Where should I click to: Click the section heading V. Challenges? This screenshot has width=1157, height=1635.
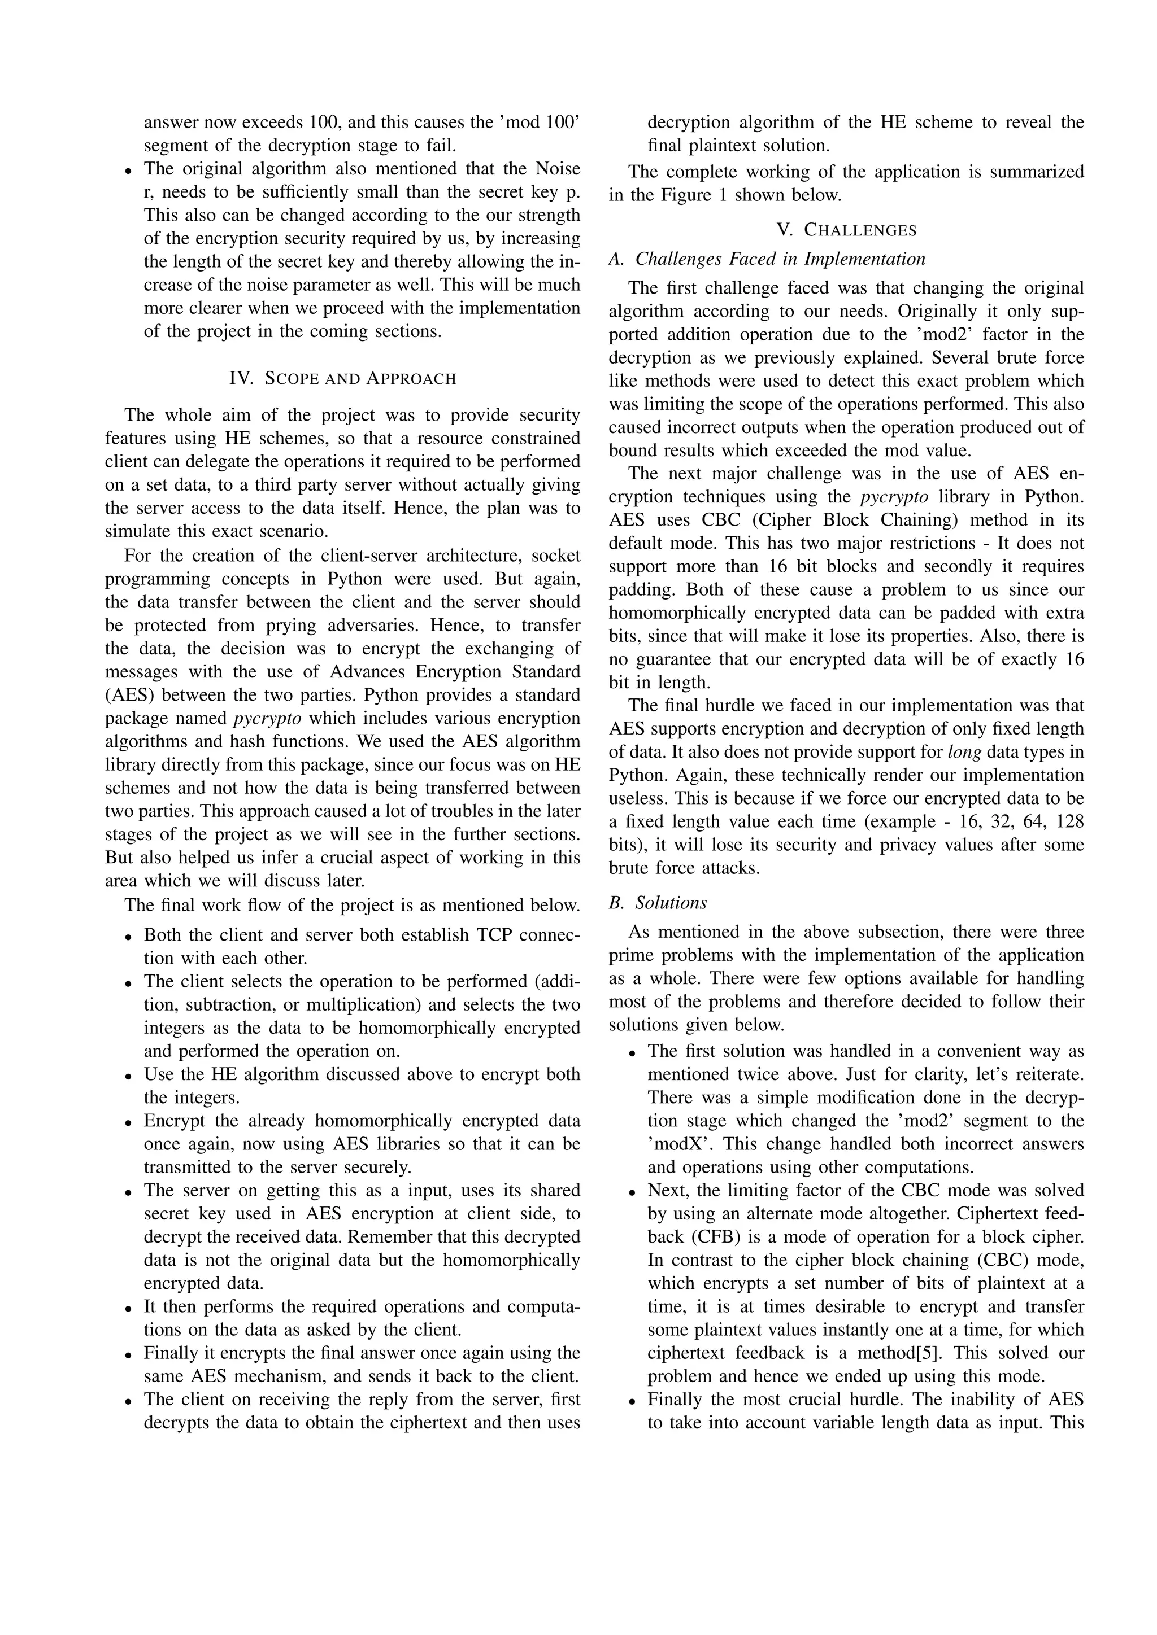(846, 230)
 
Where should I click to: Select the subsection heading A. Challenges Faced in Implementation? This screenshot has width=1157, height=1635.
(767, 259)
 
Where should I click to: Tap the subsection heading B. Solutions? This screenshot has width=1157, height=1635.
(658, 903)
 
